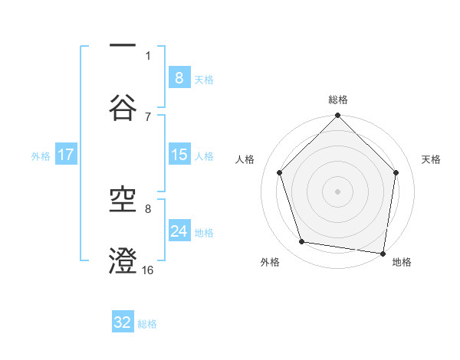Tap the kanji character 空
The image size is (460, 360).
tap(123, 200)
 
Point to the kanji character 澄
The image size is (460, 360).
tap(123, 260)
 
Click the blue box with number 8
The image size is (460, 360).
tap(179, 77)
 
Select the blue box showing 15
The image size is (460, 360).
tap(179, 155)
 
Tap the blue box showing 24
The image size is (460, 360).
tap(179, 231)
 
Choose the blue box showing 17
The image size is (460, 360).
tap(66, 155)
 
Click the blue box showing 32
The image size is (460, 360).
tap(123, 322)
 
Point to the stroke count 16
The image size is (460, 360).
tap(148, 270)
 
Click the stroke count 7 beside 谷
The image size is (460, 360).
tap(148, 116)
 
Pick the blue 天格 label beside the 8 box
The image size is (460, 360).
tap(204, 79)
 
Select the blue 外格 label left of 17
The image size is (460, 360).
tap(41, 155)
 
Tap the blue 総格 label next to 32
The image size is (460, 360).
tap(147, 323)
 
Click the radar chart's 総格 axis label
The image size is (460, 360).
tap(338, 100)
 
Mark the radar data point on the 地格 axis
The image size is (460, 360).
tap(383, 253)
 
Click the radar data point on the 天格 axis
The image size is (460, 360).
tap(396, 172)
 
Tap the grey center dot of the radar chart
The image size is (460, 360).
tap(338, 191)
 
